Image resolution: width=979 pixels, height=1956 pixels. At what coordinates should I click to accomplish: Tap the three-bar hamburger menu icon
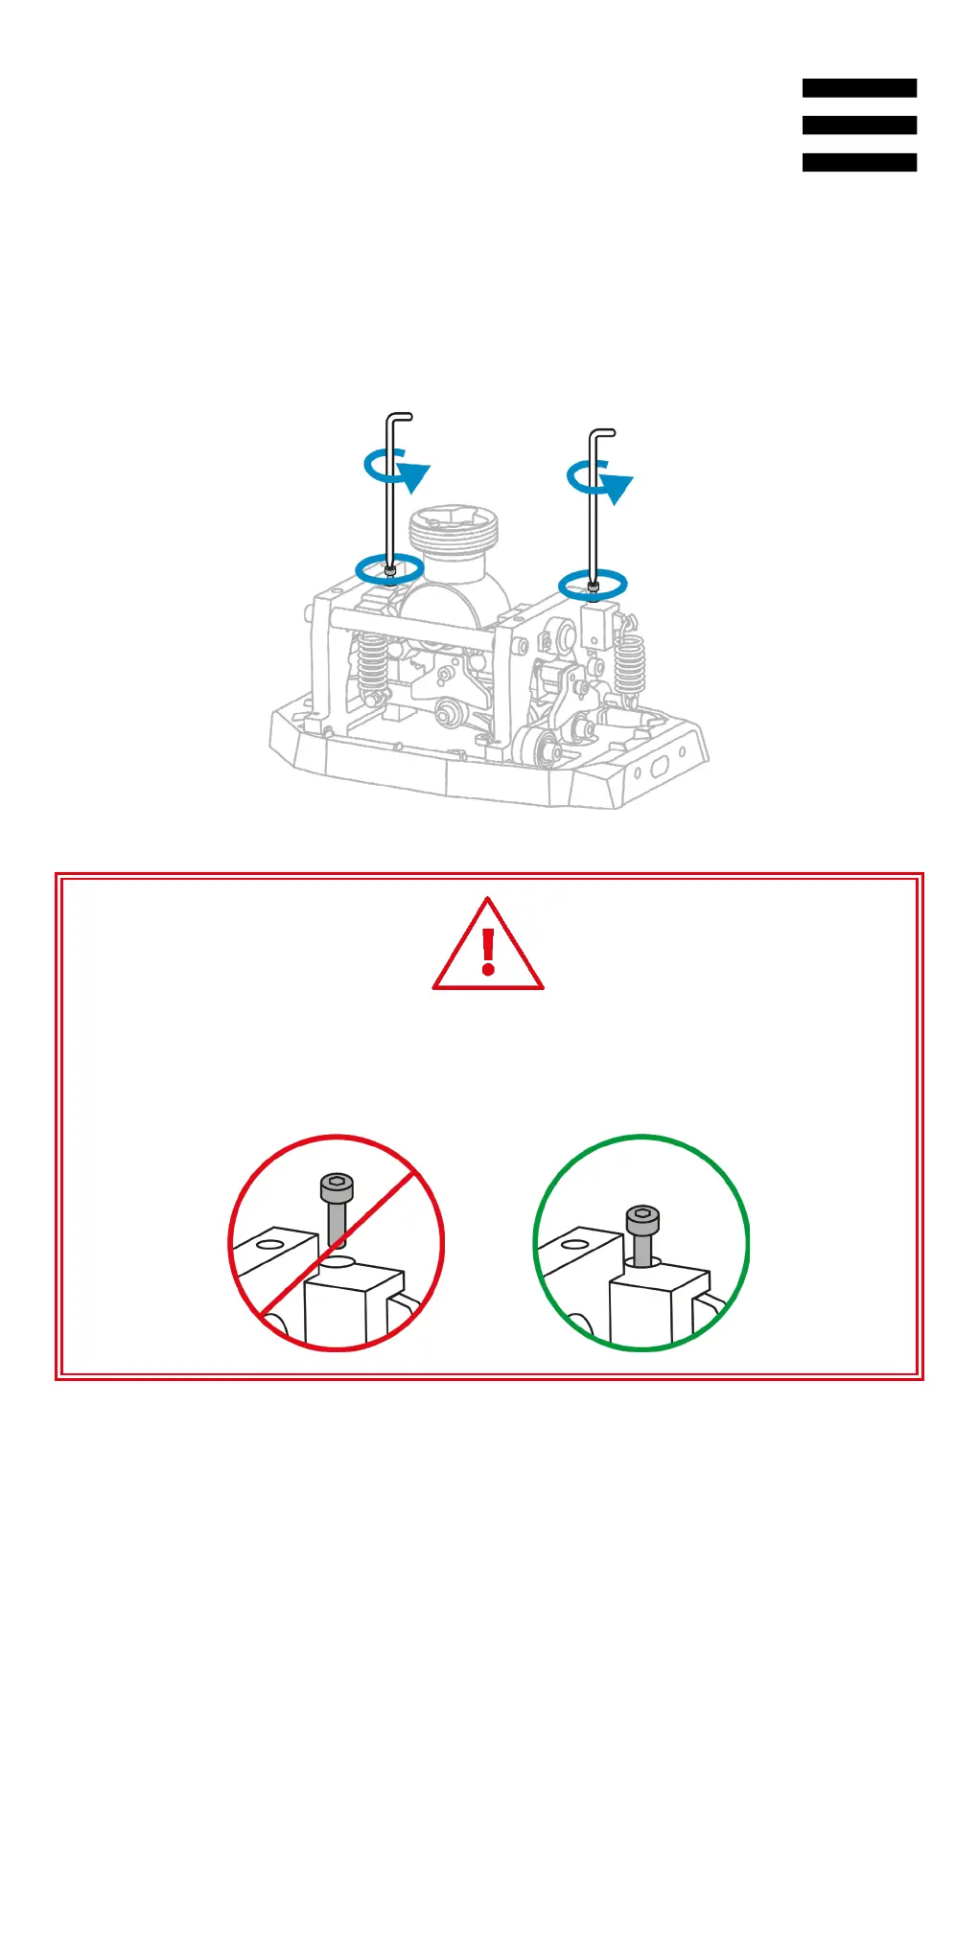859,125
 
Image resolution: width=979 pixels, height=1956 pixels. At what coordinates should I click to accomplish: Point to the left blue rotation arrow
397,468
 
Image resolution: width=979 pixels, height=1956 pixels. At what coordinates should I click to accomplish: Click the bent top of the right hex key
603,433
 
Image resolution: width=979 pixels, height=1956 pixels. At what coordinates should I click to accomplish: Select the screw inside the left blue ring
389,571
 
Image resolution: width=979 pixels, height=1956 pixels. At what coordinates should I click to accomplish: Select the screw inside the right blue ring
594,586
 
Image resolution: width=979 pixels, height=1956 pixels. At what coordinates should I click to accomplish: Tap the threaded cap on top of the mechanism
454,533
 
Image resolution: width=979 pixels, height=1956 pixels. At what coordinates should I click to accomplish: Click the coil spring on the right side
630,665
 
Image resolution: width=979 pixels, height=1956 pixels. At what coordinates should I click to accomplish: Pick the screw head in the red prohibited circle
337,1188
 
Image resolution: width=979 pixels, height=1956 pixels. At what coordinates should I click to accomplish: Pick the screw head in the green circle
642,1220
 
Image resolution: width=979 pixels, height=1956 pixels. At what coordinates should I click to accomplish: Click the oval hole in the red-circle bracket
270,1245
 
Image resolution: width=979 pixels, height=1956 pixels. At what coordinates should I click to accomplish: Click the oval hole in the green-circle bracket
575,1245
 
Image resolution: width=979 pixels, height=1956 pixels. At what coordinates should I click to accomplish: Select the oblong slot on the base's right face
661,767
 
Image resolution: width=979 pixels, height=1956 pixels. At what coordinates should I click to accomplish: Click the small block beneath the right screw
599,624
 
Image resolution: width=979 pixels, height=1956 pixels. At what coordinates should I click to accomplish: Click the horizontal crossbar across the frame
412,624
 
